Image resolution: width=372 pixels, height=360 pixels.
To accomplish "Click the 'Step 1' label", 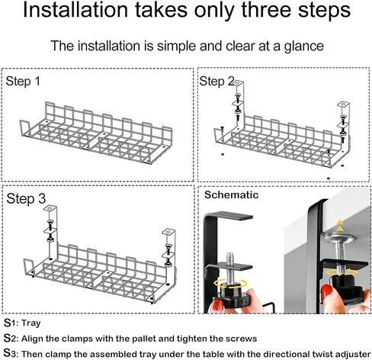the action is pyautogui.click(x=23, y=82).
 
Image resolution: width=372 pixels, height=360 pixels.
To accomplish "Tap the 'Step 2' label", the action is pyautogui.click(x=216, y=82).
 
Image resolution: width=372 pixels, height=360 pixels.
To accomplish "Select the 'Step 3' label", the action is pyautogui.click(x=26, y=198).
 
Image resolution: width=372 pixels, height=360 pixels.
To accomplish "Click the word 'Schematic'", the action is pyautogui.click(x=232, y=195).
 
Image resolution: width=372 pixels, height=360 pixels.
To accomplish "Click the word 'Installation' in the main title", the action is pyautogui.click(x=75, y=10).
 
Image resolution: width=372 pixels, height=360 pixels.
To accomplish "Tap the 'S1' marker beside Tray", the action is pyautogui.click(x=10, y=323).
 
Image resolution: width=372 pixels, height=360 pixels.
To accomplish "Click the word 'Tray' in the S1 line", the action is pyautogui.click(x=31, y=323).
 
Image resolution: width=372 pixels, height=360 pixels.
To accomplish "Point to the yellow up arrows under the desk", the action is pyautogui.click(x=340, y=227).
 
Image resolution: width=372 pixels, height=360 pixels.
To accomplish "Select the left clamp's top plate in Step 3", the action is pyautogui.click(x=50, y=208).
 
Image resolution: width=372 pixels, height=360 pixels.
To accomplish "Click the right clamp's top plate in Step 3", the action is pyautogui.click(x=168, y=232).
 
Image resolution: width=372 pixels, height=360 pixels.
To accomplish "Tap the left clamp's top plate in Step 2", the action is pyautogui.click(x=238, y=83).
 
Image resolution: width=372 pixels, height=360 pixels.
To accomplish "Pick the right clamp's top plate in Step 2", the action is pyautogui.click(x=343, y=104).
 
